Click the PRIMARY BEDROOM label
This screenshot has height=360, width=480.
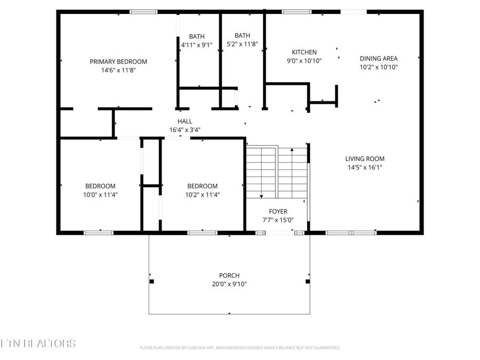(118, 61)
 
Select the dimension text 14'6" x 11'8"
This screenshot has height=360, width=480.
(118, 70)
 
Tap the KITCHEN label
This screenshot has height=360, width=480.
(304, 52)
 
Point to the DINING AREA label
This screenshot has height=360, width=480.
(379, 59)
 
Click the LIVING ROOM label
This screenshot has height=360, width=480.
(364, 158)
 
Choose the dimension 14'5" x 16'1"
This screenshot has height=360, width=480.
(364, 167)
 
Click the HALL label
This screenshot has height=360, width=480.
(185, 121)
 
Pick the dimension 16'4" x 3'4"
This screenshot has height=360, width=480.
(185, 130)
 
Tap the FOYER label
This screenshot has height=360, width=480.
(278, 211)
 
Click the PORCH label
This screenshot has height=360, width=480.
(229, 275)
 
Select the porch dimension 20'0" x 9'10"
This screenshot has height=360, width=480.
(229, 284)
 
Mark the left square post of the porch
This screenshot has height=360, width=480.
(151, 281)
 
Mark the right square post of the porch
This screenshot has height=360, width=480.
(307, 281)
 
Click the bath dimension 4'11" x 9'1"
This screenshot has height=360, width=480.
(197, 45)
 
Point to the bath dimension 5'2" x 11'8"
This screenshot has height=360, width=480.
(242, 44)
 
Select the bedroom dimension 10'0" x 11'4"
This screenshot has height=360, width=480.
(100, 195)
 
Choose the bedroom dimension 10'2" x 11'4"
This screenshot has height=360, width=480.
(202, 195)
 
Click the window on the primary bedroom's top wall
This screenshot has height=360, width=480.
(143, 11)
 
